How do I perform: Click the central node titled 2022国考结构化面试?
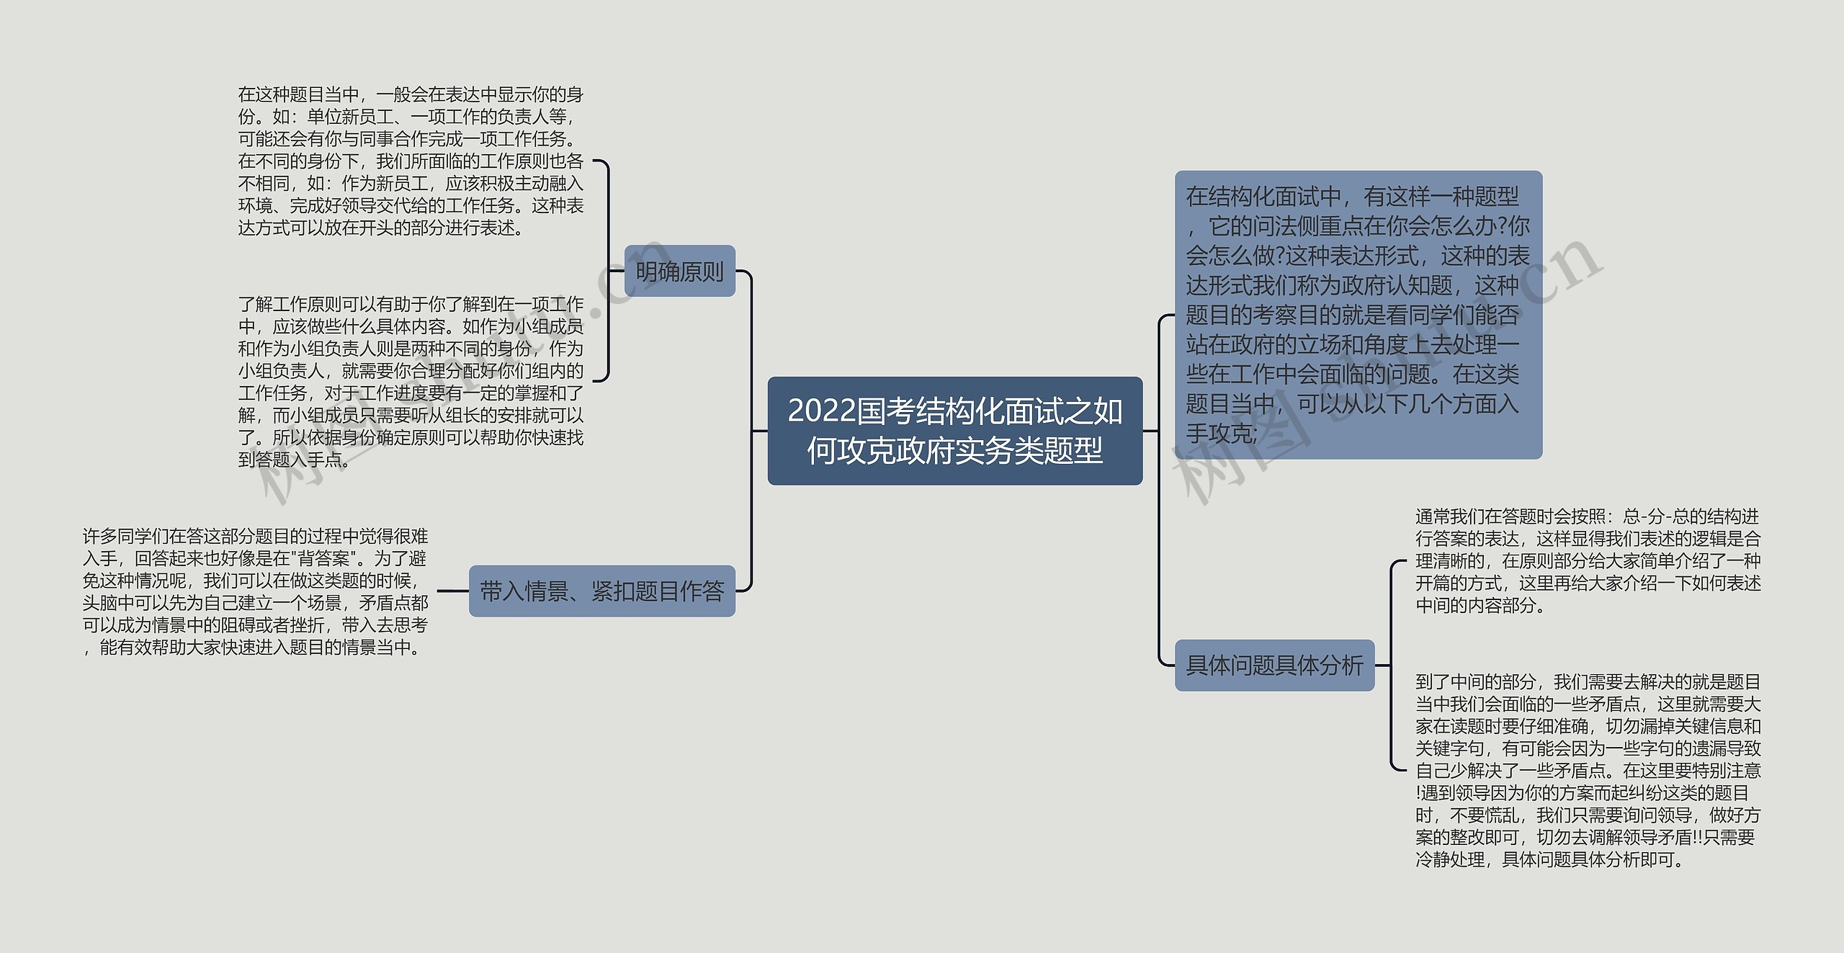[954, 430]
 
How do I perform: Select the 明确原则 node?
[679, 271]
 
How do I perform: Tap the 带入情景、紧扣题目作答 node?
[601, 591]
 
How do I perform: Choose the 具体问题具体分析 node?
[1274, 665]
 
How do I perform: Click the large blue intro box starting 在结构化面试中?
[1358, 314]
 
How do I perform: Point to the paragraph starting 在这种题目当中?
[411, 161]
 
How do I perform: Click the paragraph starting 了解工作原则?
[411, 382]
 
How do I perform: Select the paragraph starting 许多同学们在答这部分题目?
[255, 591]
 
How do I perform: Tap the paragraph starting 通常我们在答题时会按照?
[1588, 560]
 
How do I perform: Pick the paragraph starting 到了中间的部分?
[1588, 770]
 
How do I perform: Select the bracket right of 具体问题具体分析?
[1392, 665]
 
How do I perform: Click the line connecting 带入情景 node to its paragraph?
[452, 591]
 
